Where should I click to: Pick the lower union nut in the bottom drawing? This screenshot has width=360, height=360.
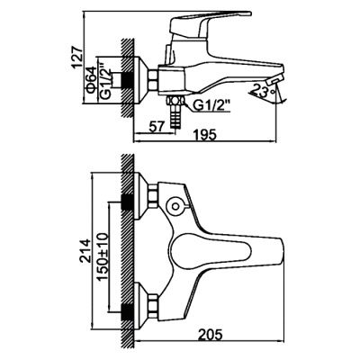(x=153, y=305)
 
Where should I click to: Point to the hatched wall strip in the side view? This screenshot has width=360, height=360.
(x=126, y=76)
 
